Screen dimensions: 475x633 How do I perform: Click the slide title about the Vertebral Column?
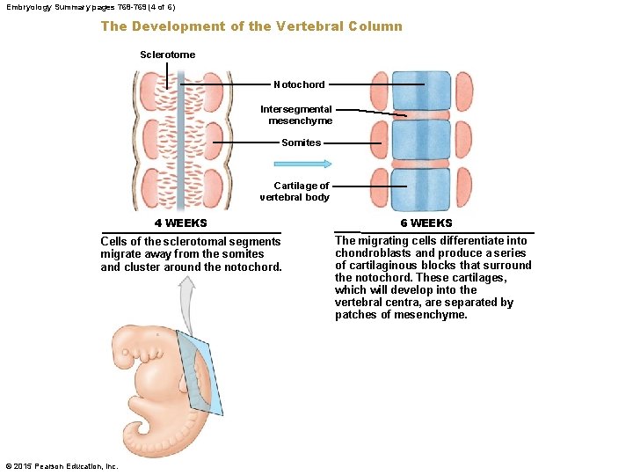tap(251, 26)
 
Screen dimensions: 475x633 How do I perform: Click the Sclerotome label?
tap(167, 55)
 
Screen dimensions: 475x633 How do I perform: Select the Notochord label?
tap(299, 84)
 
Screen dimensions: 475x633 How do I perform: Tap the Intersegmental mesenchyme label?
tap(296, 115)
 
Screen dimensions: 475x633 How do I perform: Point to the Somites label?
tap(301, 142)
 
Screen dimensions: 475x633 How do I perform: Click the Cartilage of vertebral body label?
tap(295, 192)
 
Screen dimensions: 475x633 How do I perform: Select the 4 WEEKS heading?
tap(181, 223)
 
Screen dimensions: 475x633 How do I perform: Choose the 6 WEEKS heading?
tap(426, 223)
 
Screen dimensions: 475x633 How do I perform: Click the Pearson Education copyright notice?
tap(62, 466)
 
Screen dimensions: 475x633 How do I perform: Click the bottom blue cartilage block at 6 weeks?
tap(422, 187)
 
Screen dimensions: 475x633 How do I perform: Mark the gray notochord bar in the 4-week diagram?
tap(179, 141)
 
